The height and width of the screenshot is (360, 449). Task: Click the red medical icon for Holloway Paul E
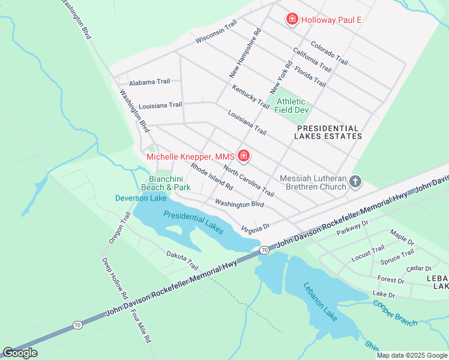point(292,20)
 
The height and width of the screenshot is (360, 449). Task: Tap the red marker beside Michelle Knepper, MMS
point(244,157)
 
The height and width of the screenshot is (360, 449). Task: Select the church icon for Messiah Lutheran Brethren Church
point(355,182)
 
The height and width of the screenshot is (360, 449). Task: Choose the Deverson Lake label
point(141,198)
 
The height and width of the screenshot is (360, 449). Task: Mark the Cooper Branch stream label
point(395,313)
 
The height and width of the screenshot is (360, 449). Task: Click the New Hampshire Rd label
point(246,54)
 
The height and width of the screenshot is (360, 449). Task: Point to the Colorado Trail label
point(329,53)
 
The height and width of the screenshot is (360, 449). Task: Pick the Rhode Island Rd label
point(211,175)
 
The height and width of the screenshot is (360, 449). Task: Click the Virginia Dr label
point(256,227)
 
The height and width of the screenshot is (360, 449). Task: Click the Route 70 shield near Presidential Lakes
point(264,249)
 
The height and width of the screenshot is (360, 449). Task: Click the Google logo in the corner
point(20,353)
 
